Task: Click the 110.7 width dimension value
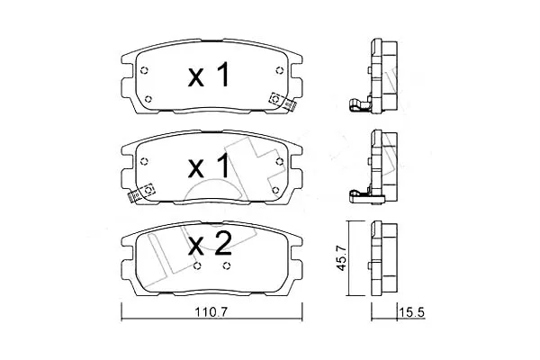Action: tap(211, 312)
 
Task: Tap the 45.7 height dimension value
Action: tap(341, 257)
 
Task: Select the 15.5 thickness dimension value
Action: tap(411, 312)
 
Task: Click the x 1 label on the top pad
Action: tap(209, 75)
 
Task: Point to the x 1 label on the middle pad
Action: tap(209, 166)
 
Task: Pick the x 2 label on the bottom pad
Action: tap(210, 243)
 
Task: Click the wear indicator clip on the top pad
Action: tap(283, 102)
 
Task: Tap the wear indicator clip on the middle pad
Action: tap(141, 193)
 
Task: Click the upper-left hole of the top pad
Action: tap(144, 70)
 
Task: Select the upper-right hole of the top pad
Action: tap(279, 70)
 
